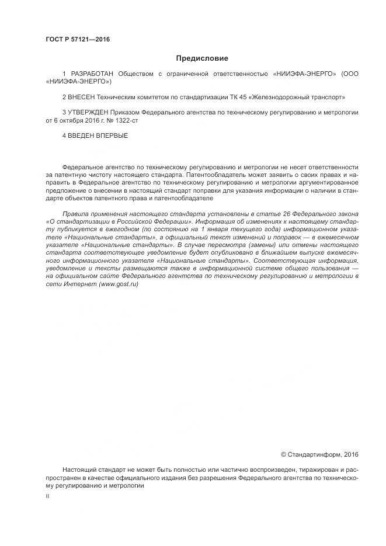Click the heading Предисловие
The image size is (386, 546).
(x=202, y=58)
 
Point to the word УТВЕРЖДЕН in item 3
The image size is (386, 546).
(x=86, y=111)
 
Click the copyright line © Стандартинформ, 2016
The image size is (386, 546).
(x=320, y=454)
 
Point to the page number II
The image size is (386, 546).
(x=47, y=496)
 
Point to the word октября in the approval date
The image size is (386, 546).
(x=72, y=120)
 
